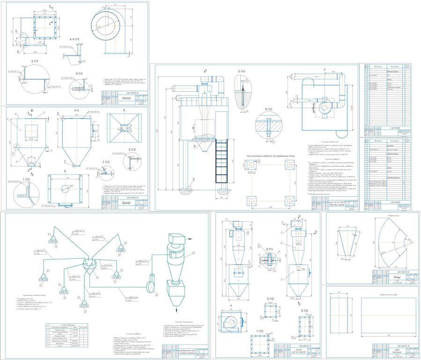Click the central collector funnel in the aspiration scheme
(88, 264)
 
